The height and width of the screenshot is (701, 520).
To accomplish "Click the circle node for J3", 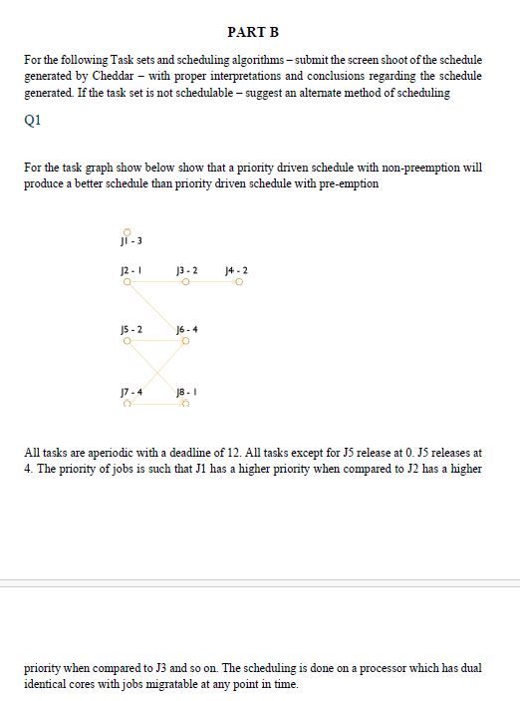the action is tap(185, 283).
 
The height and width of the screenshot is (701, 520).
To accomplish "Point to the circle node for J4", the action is tap(240, 283).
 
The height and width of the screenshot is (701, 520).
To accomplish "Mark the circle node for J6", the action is tap(185, 342).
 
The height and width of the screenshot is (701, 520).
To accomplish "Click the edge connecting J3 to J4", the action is tap(212, 283).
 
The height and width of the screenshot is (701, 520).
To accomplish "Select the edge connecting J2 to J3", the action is tap(155, 283).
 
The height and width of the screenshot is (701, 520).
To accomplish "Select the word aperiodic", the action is tap(91, 453).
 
